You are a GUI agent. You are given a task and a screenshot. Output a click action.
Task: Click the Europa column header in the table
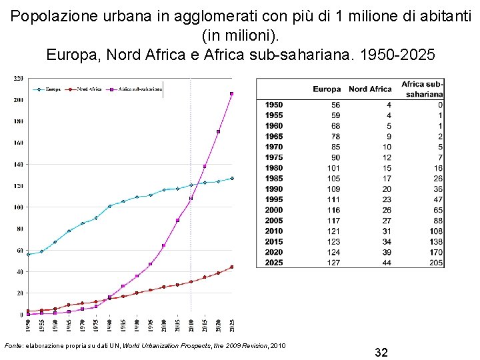pos(327,89)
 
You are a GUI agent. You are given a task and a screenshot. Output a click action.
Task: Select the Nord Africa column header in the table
pos(370,89)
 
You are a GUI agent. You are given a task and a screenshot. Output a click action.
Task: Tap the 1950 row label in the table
pos(273,105)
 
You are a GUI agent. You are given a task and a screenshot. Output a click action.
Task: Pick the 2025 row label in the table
pos(273,263)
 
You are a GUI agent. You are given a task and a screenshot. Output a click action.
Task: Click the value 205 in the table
pos(436,263)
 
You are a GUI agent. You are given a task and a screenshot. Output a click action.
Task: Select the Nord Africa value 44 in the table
pos(386,263)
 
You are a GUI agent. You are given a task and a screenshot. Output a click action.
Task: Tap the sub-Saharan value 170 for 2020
pos(436,252)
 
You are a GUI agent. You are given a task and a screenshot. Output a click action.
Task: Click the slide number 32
pos(381,352)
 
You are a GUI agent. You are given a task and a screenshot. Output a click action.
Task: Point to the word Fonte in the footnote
pos(13,345)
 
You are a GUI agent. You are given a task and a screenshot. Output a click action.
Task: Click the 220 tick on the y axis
pos(18,79)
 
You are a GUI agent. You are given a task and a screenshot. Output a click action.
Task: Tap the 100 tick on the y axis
pos(18,207)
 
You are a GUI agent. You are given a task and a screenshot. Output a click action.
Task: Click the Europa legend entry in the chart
pos(50,89)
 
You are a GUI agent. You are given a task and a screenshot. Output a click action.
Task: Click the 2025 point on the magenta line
pos(231,94)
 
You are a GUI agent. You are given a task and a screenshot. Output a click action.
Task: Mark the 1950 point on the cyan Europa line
pos(28,254)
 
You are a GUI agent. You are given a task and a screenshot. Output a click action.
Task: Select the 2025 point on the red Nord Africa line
pos(231,267)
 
